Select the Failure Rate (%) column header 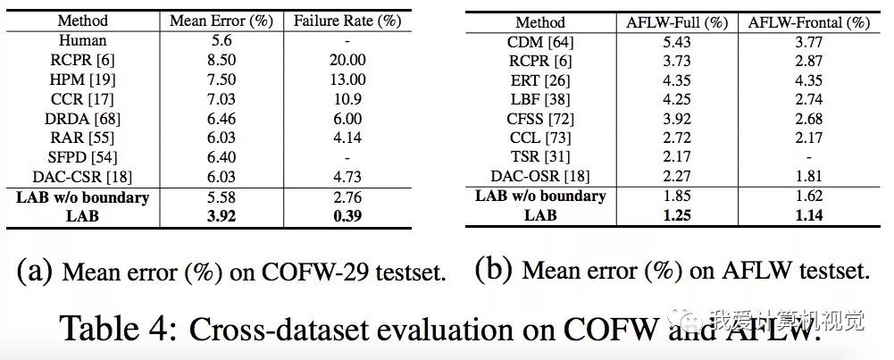346,21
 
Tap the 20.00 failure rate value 346,59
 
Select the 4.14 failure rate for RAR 346,138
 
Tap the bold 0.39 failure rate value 346,215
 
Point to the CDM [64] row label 540,41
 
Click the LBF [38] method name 540,99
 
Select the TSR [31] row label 540,157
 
